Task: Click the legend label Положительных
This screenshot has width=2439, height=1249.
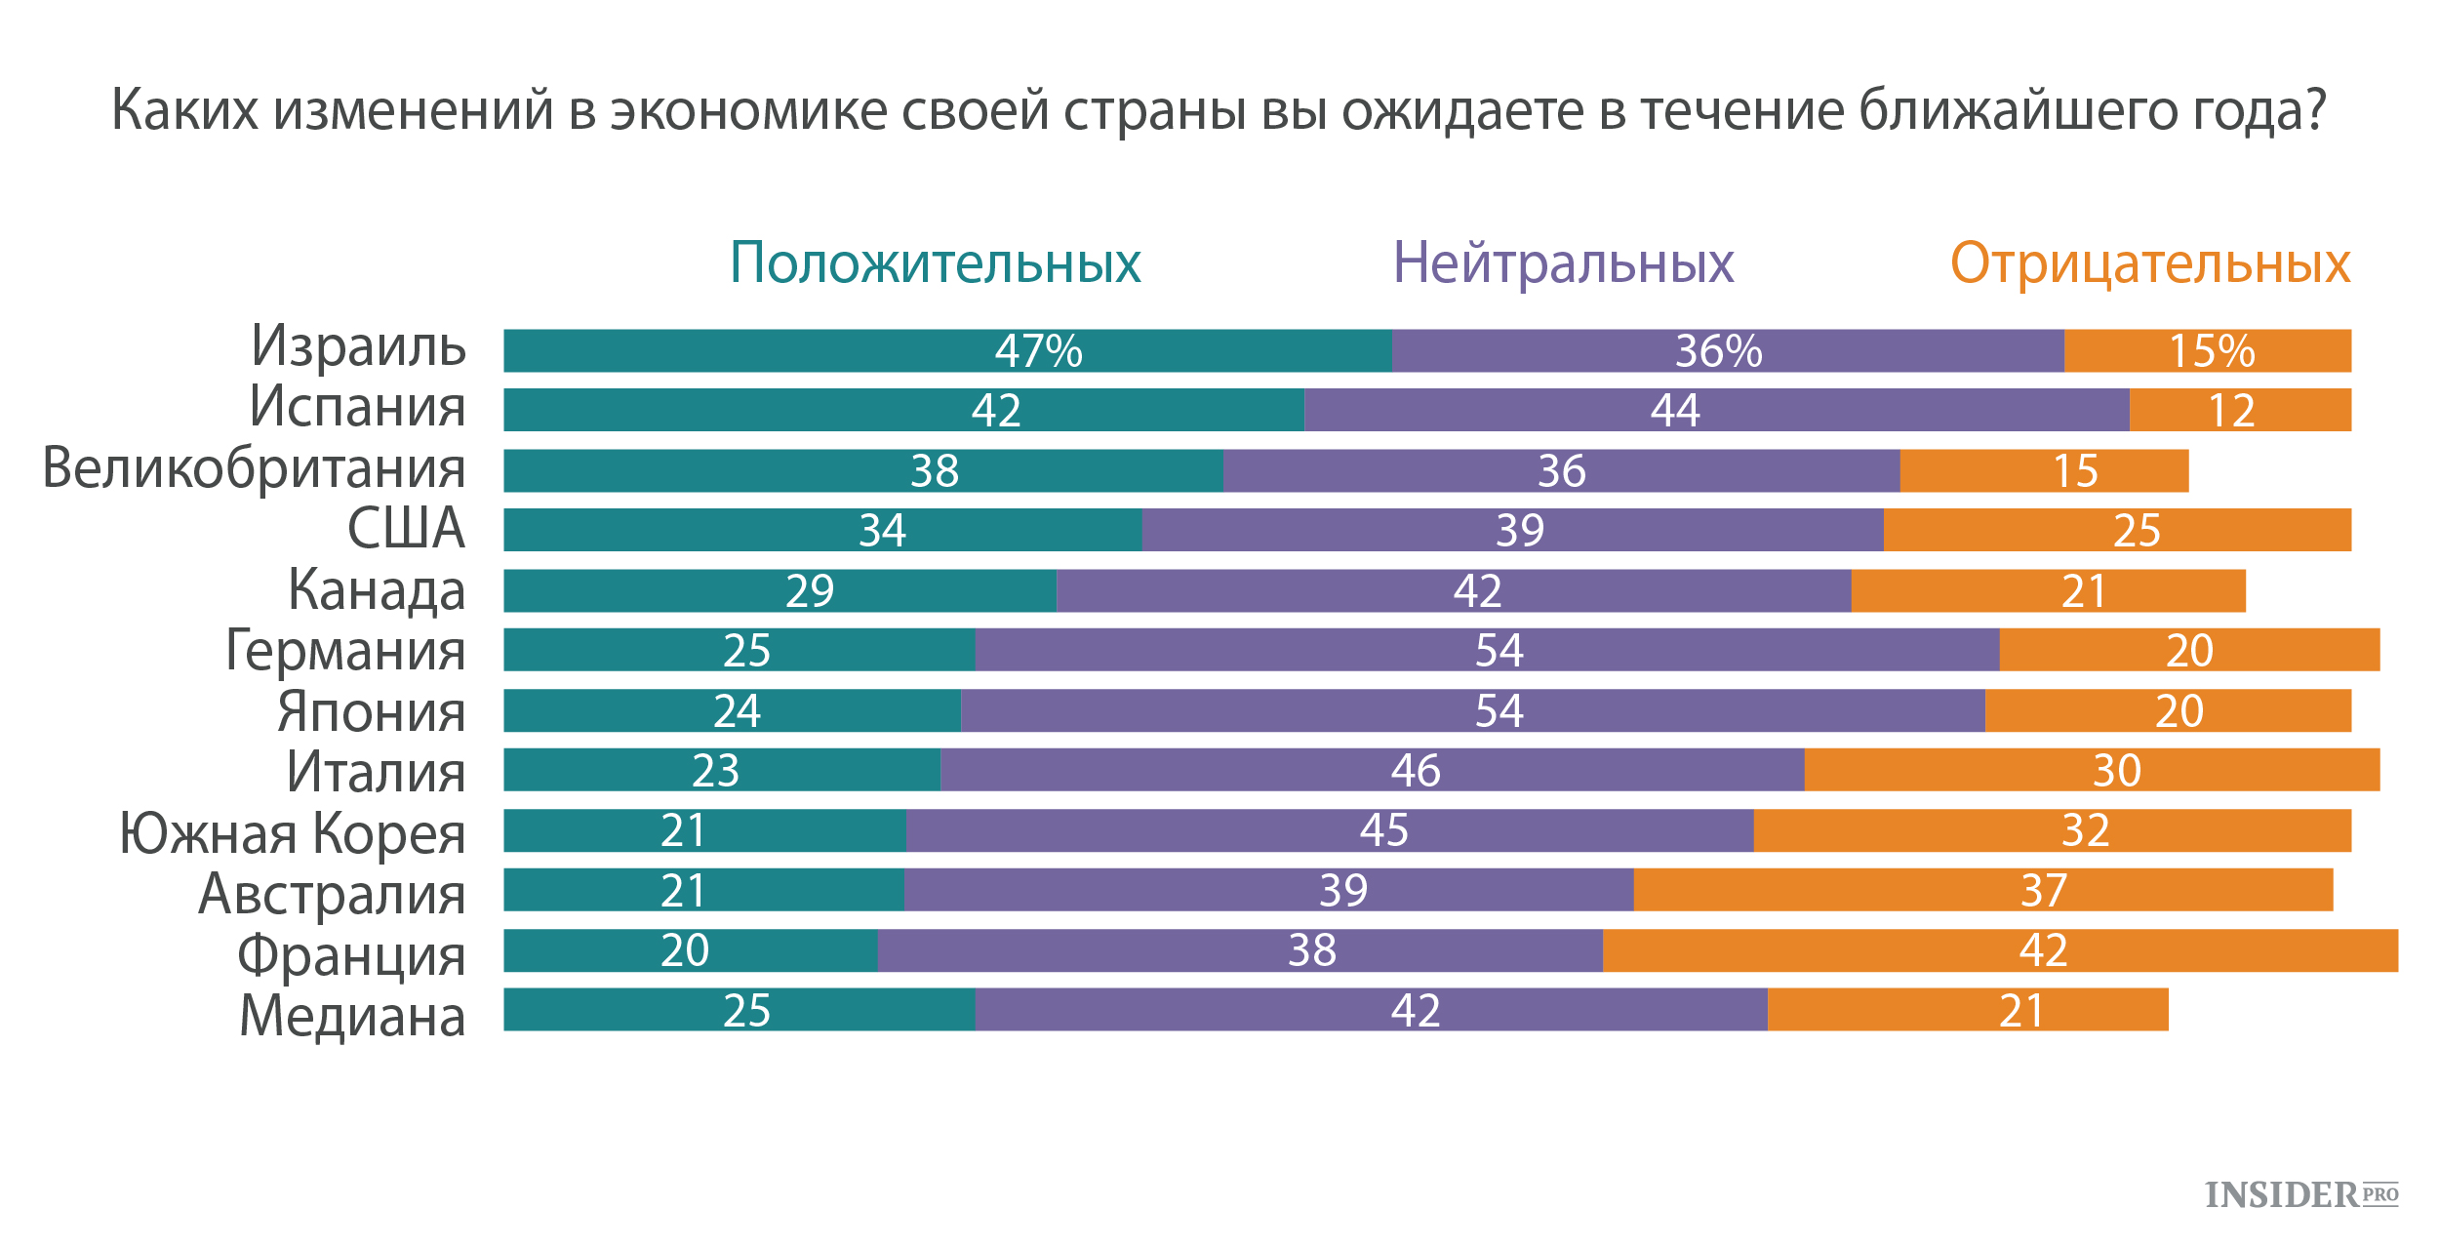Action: coord(935,263)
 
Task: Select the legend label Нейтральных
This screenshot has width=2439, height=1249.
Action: coord(1563,263)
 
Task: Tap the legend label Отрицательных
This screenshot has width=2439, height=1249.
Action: coord(2150,263)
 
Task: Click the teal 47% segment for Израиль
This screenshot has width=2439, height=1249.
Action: coord(946,351)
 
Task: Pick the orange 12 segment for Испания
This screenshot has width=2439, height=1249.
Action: coord(2240,411)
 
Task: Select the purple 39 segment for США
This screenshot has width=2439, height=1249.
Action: coord(1512,530)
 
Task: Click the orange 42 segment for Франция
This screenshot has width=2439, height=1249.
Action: coord(2000,950)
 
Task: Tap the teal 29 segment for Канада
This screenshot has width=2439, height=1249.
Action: coord(780,590)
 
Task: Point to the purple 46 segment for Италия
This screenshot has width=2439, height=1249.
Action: coord(1372,770)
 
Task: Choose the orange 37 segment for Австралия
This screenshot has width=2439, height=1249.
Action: coord(1982,890)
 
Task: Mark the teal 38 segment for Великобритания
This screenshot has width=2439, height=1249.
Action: coord(862,470)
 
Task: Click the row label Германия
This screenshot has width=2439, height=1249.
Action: coord(345,651)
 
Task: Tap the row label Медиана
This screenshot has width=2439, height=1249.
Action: coord(352,1016)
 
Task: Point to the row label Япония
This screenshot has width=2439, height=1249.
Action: coord(371,711)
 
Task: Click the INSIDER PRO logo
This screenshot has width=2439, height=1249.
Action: coord(2300,1195)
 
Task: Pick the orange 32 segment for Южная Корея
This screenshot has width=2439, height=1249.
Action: coord(2052,830)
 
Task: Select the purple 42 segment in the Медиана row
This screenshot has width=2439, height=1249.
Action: coord(1371,1010)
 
